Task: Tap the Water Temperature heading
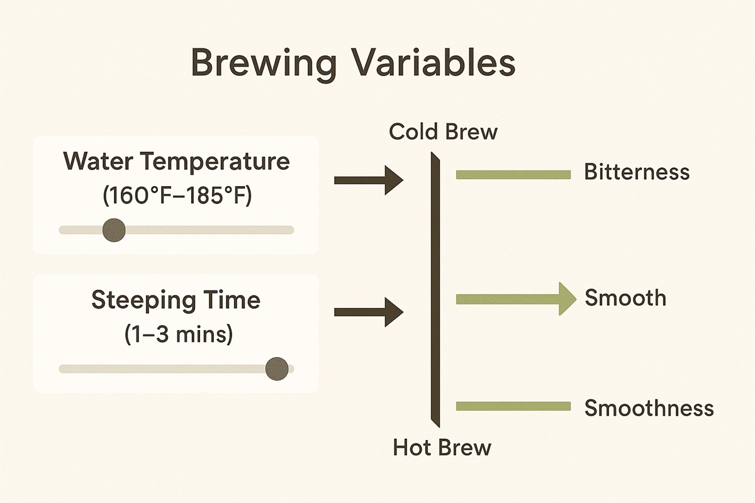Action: (176, 162)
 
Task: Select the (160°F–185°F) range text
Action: (176, 196)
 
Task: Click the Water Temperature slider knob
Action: (114, 229)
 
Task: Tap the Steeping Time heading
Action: (176, 300)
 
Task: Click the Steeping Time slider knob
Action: (277, 368)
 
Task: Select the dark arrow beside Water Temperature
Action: (368, 180)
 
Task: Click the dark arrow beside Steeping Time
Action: (368, 311)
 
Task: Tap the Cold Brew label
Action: (443, 132)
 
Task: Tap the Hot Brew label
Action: (442, 448)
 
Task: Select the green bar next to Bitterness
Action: (513, 175)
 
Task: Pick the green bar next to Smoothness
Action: (513, 407)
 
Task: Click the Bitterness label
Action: (637, 172)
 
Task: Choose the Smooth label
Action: (625, 297)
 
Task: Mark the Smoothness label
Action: (649, 408)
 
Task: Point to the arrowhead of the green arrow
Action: (566, 298)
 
